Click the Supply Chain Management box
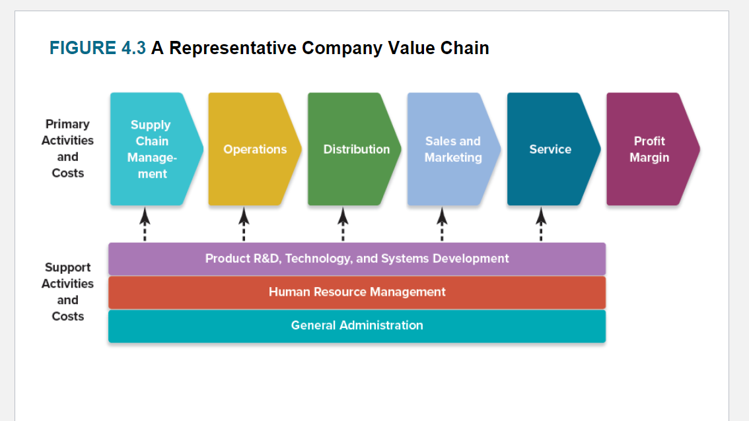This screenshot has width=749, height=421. tap(151, 149)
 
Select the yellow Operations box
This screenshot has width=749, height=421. tap(254, 149)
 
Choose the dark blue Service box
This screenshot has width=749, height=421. tap(550, 149)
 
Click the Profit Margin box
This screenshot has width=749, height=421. tap(649, 149)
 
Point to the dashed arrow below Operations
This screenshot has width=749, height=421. tap(244, 224)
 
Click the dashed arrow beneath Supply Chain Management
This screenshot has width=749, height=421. tap(145, 224)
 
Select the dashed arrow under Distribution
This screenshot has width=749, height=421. tap(343, 224)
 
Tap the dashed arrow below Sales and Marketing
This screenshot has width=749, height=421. tap(442, 224)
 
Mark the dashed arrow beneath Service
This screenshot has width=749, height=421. tap(541, 224)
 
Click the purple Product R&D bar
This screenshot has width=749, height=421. tap(357, 259)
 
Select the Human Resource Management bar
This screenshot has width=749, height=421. tap(357, 292)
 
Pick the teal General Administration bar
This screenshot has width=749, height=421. tap(357, 325)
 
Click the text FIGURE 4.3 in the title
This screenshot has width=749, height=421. tap(97, 48)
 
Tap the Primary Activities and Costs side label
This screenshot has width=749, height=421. tap(67, 148)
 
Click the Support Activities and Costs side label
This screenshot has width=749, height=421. tap(67, 292)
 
